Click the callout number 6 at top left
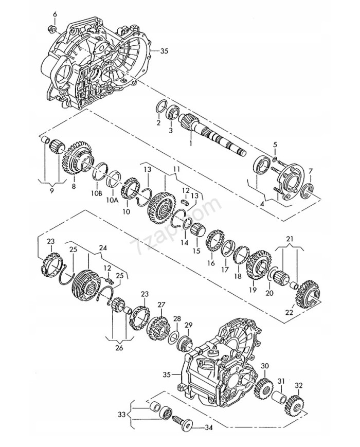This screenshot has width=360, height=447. pyautogui.click(x=55, y=13)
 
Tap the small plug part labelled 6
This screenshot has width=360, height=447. pyautogui.click(x=53, y=27)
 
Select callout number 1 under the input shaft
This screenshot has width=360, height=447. pyautogui.click(x=190, y=142)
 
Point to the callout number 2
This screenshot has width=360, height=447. pyautogui.click(x=158, y=123)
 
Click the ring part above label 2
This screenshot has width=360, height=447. pyautogui.click(x=160, y=109)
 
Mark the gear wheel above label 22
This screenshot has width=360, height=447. pyautogui.click(x=309, y=290)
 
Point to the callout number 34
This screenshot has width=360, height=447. pyautogui.click(x=209, y=427)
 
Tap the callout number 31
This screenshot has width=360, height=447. pyautogui.click(x=281, y=381)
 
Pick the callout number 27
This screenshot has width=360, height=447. pyautogui.click(x=161, y=305)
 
